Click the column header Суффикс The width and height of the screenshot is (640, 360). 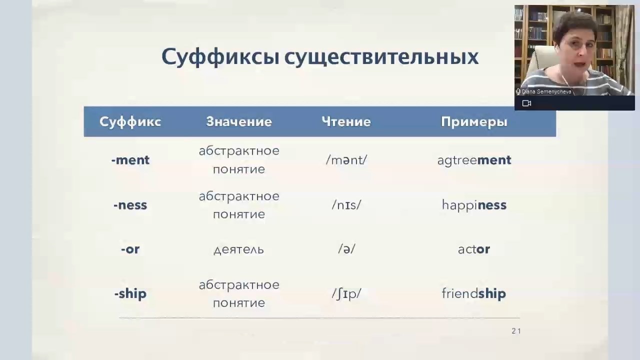pos(130,121)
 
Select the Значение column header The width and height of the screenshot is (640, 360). pos(239,121)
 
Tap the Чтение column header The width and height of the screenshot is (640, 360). pos(346,121)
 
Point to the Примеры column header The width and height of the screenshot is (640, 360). pos(474,122)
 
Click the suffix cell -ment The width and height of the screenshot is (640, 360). pos(130,160)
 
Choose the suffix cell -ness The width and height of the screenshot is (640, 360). pos(130,205)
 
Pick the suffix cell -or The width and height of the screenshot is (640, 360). pos(130,249)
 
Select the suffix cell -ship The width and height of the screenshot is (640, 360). pos(130,293)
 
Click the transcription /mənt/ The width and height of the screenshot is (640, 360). pos(346,160)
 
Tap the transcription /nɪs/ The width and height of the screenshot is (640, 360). pos(346,205)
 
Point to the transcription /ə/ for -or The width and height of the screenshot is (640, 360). pos(346,249)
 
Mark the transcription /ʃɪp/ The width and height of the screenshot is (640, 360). pos(346,293)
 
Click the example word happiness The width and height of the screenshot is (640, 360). pos(474,205)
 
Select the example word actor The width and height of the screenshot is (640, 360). pos(474,249)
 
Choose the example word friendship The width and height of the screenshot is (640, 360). pos(474,293)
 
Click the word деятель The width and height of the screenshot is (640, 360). pos(239,249)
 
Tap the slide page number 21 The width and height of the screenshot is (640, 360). pos(516,331)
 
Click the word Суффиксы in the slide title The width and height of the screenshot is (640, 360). pos(220,57)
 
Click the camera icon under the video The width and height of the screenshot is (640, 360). pos(526,103)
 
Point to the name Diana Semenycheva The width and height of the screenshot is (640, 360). pos(546,91)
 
